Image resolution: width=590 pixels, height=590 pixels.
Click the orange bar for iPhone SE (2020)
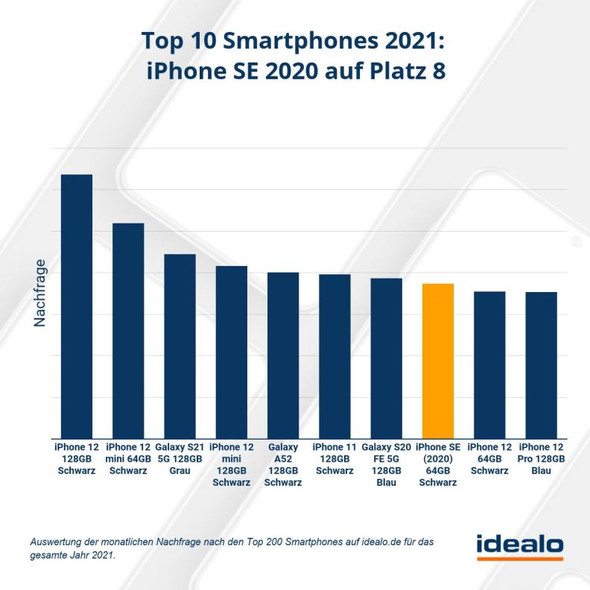[437, 361]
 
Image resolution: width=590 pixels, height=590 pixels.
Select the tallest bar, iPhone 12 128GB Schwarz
[76, 305]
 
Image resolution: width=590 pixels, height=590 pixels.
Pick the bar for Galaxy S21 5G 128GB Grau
[180, 346]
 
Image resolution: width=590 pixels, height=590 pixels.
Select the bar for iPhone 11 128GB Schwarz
[334, 356]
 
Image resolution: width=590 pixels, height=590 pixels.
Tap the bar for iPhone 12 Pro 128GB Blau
[541, 365]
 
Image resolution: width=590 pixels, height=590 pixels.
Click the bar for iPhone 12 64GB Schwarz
[489, 364]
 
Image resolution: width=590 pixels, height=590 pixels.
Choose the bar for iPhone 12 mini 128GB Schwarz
[231, 352]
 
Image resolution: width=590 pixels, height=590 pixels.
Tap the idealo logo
[520, 545]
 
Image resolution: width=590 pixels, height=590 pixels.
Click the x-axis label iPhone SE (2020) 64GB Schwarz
[437, 464]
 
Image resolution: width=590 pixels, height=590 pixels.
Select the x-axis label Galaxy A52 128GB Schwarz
[283, 464]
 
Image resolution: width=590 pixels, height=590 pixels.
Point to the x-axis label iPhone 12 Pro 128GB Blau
[541, 458]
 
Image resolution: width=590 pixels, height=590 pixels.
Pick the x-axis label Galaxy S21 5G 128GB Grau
[180, 458]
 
